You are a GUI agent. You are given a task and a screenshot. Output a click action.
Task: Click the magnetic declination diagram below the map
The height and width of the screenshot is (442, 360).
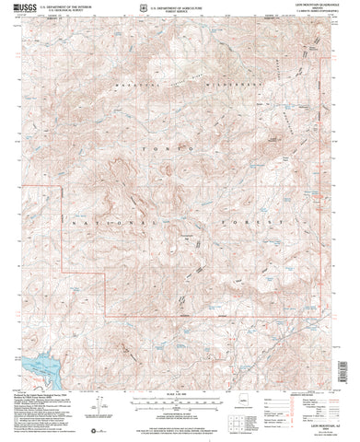(x=96, y=406)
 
